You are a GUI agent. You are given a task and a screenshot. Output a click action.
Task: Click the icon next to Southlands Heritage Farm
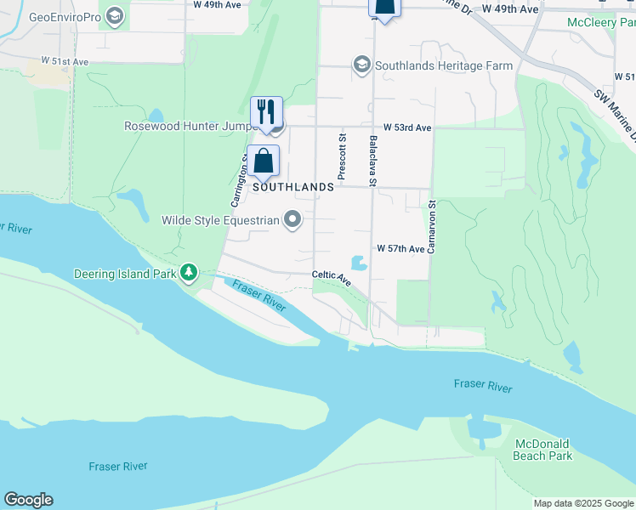point(361,65)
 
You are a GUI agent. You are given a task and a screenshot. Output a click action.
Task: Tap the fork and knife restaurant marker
point(265,111)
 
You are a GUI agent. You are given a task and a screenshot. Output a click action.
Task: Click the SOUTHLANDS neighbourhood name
point(292,187)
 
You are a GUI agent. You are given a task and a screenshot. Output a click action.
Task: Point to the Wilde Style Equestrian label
point(220,221)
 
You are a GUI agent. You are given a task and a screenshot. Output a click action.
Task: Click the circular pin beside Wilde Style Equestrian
point(293,221)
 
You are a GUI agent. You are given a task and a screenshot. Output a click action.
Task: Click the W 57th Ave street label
point(401,249)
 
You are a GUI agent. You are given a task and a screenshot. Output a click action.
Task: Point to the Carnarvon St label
point(432,227)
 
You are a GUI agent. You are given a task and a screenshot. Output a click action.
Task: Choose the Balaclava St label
point(372,160)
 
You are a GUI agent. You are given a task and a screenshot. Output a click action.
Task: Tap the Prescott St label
point(343,156)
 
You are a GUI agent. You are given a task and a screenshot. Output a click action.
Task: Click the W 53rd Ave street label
point(407,127)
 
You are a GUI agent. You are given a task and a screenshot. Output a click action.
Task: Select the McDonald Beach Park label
point(542,450)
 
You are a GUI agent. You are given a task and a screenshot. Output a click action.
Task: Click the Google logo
point(28,500)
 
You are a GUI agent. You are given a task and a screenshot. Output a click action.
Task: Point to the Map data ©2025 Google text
point(582,503)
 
